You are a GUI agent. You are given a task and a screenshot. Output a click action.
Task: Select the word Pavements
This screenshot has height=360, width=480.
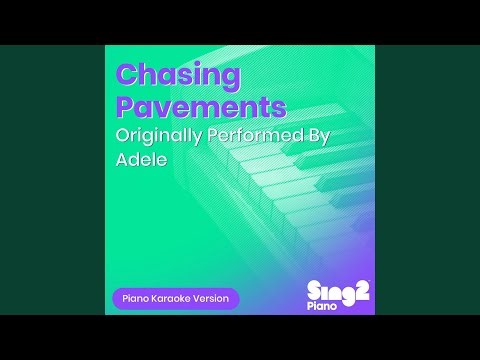tap(201, 106)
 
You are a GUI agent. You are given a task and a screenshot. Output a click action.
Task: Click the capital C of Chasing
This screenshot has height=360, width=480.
tap(127, 75)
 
